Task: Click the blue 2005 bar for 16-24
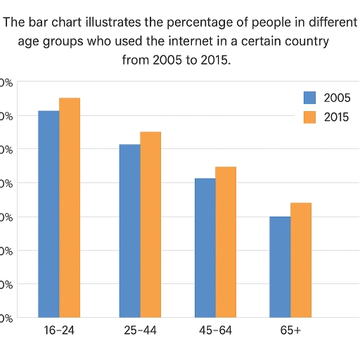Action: coord(49,214)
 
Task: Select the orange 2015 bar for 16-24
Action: coord(70,207)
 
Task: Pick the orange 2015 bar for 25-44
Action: coord(150,224)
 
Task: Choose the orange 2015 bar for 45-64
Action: coord(226,242)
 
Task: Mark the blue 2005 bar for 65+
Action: coord(280,266)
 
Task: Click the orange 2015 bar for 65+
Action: coord(301,260)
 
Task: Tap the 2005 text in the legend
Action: coord(337,98)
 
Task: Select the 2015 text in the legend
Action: coord(337,117)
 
